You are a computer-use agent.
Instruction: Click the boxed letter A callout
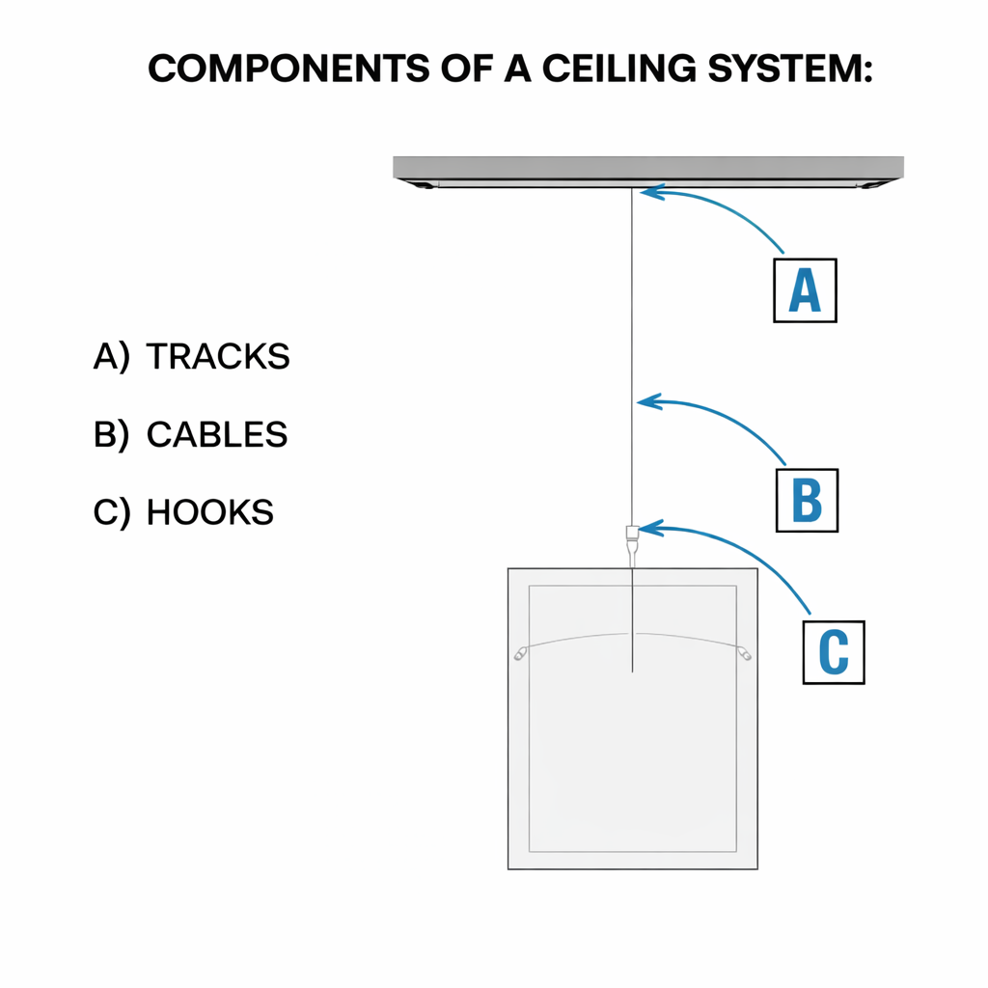coord(805,289)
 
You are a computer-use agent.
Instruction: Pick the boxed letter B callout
coord(807,500)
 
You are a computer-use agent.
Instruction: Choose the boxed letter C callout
coord(833,652)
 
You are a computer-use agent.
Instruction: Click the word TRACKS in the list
coord(218,357)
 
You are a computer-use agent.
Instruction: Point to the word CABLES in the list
coord(217,434)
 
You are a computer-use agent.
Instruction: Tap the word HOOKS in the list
coord(210,511)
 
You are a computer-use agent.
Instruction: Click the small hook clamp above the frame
coord(632,532)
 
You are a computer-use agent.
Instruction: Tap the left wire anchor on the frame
coord(520,653)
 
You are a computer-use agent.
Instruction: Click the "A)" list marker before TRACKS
coord(111,357)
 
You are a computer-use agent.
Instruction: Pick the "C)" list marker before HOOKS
coord(111,511)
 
